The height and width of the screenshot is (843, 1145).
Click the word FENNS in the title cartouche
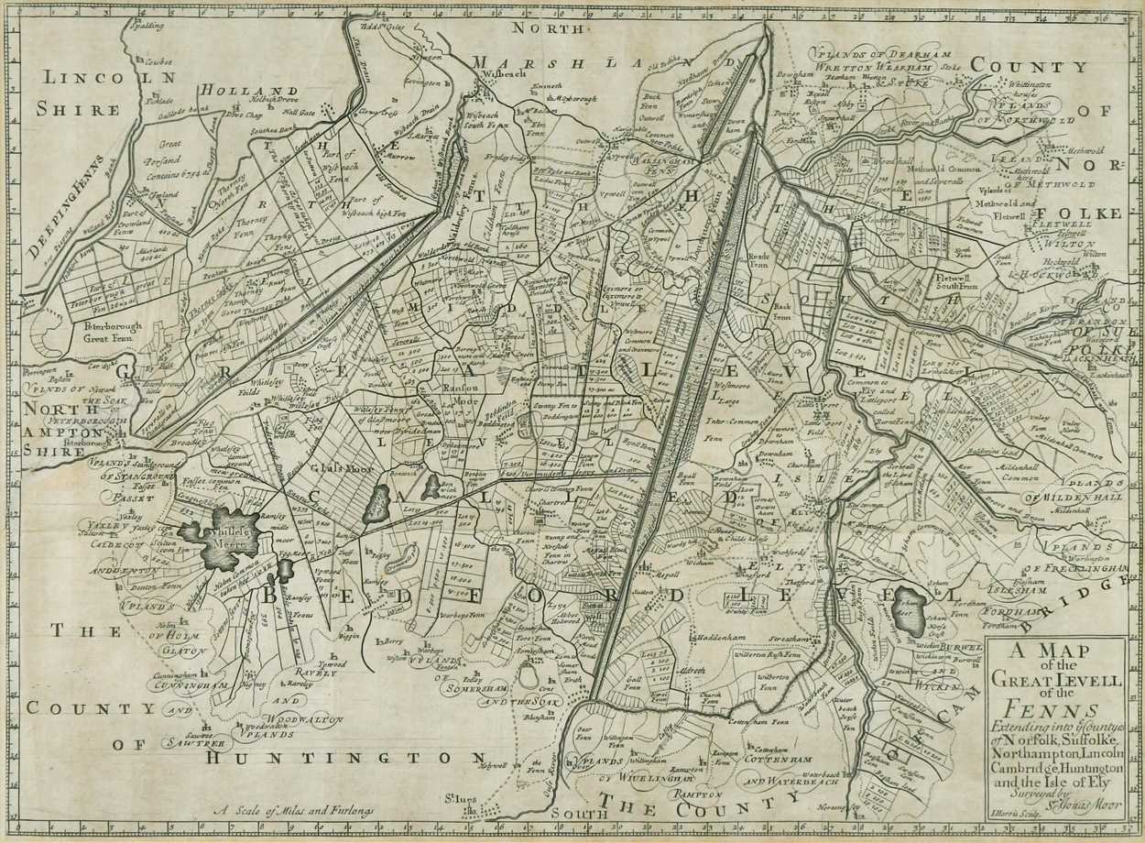point(1054,711)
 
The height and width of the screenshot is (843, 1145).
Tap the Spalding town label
point(145,27)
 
